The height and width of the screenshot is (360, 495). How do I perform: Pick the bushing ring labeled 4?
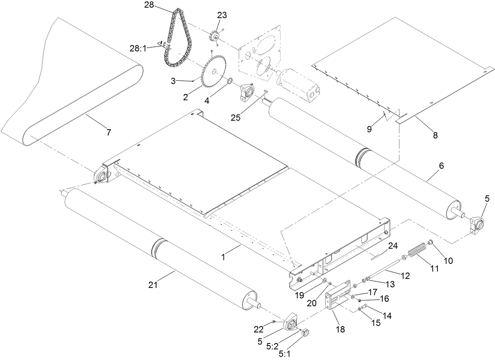coord(229,82)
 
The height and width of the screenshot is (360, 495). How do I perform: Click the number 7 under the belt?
coord(108,132)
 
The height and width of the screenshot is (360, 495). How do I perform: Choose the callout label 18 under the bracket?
coord(340,330)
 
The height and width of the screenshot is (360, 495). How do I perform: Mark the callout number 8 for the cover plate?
coord(435,135)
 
